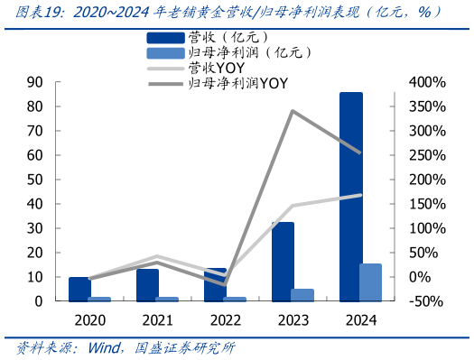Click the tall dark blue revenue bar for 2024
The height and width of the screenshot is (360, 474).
coord(350,196)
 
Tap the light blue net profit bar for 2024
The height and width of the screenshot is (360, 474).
coord(371,282)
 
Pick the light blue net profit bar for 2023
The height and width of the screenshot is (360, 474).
coord(303,294)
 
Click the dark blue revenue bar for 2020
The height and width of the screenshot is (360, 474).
coord(79,289)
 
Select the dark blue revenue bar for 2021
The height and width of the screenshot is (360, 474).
coord(147,284)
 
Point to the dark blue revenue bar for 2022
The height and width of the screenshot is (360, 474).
coord(215,284)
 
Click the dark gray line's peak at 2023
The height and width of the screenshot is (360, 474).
coord(293,111)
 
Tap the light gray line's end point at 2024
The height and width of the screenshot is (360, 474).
coord(360,195)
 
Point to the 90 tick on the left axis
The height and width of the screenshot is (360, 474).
coord(37,82)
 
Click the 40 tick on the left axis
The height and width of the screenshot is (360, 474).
coord(37,204)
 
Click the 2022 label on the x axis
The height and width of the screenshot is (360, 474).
coord(225,318)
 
